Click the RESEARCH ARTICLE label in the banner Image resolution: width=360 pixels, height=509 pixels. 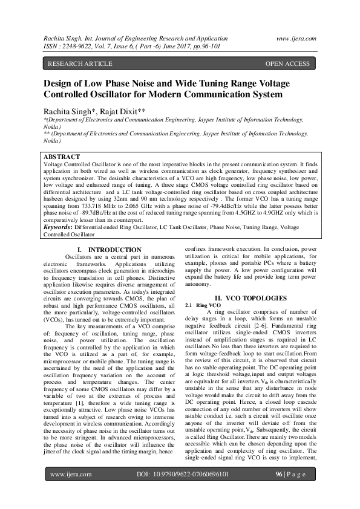tap(80, 63)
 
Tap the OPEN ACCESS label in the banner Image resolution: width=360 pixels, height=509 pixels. tap(287, 63)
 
